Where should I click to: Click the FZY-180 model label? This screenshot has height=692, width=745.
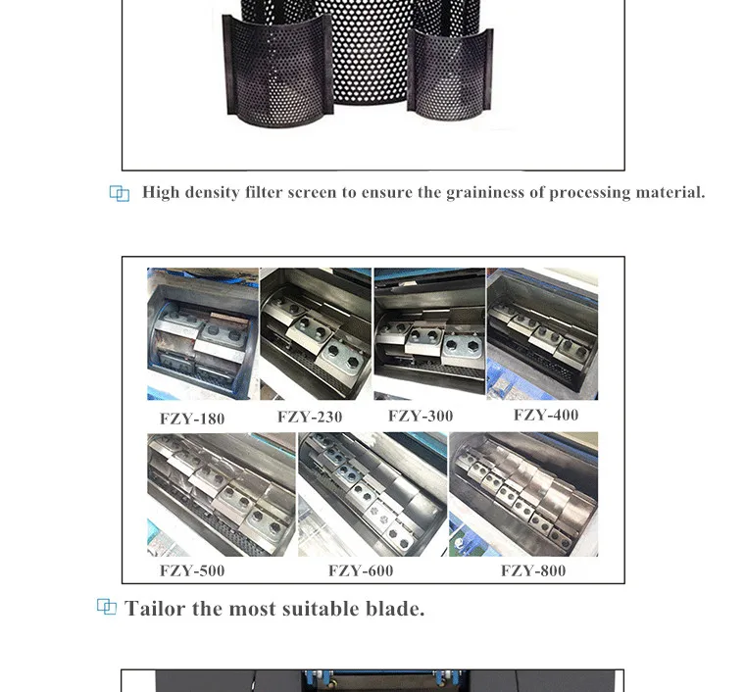[192, 419]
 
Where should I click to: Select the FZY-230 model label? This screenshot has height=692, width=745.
[310, 417]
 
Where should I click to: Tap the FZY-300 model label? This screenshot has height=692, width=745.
[421, 416]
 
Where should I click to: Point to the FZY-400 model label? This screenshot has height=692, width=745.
[546, 415]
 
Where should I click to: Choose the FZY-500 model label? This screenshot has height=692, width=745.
[192, 570]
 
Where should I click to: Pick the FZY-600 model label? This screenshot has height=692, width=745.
[361, 570]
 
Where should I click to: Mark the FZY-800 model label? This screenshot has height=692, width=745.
[533, 570]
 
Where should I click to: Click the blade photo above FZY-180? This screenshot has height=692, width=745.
[203, 333]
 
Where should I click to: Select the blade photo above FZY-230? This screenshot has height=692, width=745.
[316, 333]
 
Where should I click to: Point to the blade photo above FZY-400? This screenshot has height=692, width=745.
[542, 333]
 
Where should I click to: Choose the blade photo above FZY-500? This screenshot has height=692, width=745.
[222, 494]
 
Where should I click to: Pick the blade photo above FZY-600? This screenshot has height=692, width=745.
[372, 494]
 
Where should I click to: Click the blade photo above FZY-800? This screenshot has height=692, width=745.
[523, 494]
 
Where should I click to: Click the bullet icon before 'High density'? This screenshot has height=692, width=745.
[120, 194]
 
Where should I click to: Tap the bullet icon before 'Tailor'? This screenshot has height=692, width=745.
[107, 608]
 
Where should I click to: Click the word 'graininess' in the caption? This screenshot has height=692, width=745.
[485, 192]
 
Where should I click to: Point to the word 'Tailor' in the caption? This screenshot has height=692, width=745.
[156, 609]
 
